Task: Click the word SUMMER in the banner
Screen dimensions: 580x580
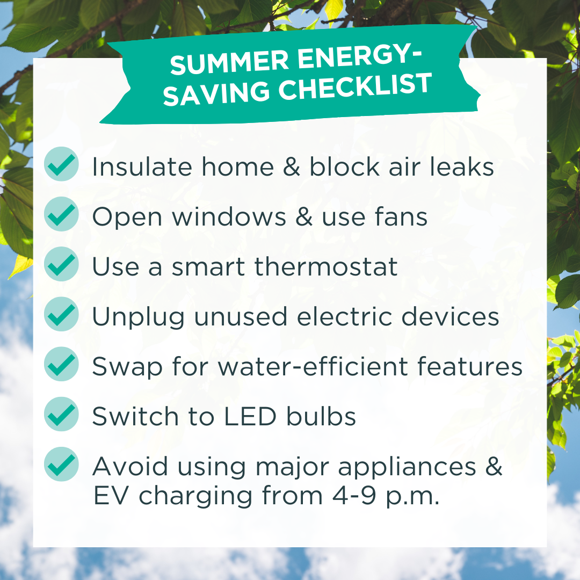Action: coord(229,62)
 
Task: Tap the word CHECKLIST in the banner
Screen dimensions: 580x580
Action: coord(356,87)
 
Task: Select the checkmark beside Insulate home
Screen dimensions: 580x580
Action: coord(61,164)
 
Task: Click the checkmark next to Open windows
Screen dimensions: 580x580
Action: coord(61,214)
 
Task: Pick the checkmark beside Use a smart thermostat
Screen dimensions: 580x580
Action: coord(61,264)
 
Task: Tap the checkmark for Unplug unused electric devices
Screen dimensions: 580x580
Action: coord(61,314)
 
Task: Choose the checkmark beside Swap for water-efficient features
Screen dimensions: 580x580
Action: coord(61,364)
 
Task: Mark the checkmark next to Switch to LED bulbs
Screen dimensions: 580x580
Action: coord(61,414)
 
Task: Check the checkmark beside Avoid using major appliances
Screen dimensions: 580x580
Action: coord(61,464)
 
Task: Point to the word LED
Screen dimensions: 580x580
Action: coord(250,417)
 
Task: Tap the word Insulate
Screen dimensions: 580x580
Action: coord(142,166)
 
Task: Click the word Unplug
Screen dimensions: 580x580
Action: coord(138,318)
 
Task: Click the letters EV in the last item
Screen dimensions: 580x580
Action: coord(111,496)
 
